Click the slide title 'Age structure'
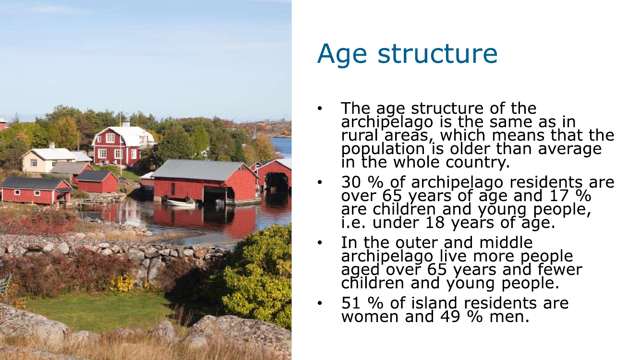click(407, 54)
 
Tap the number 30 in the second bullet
click(351, 182)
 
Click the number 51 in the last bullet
click(350, 303)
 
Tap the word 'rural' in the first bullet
click(360, 135)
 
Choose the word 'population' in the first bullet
click(383, 149)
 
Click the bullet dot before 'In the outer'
click(320, 243)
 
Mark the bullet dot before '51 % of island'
click(320, 303)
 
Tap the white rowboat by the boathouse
click(181, 203)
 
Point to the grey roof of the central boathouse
click(198, 170)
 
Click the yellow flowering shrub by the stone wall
click(122, 284)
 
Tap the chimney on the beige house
click(52, 146)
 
